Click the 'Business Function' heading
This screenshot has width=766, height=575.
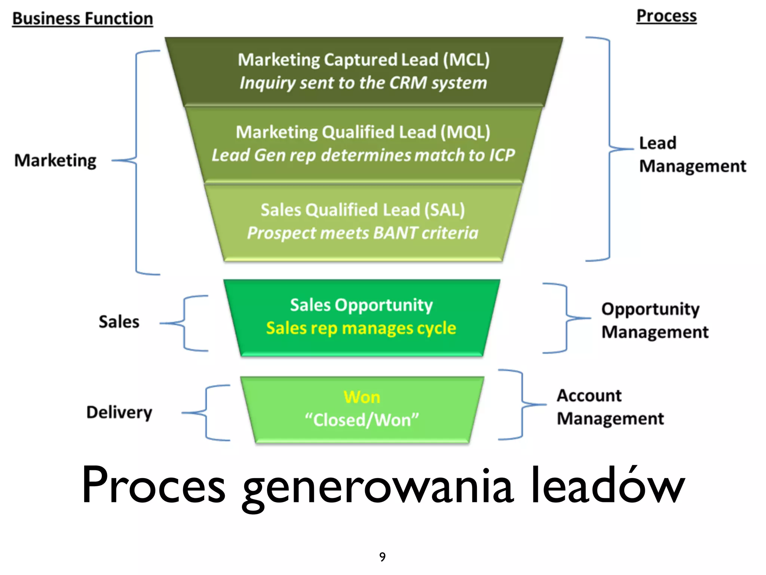coord(83,19)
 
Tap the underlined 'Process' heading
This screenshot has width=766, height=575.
coord(667,16)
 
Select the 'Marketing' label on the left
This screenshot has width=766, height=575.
coord(55,161)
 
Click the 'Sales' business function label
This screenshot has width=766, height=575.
coord(119,322)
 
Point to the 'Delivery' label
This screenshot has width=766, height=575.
coord(119,413)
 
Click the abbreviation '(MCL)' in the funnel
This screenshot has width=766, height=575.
coord(466,60)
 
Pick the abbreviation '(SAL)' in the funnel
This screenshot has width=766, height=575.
coord(445,210)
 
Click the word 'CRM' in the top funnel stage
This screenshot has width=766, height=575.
coord(408,83)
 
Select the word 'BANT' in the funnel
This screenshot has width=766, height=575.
coord(395,233)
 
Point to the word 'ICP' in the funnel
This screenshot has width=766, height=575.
coord(502,155)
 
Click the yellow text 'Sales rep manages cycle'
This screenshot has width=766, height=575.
coord(361,328)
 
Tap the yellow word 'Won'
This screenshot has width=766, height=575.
coord(362,397)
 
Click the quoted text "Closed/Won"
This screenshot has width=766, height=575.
coord(362,420)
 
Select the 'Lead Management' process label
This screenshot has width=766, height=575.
coord(692,154)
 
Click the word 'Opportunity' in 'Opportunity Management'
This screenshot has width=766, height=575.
coord(650,309)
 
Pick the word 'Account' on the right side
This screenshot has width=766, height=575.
coord(589,396)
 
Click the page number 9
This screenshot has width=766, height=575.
coord(382,557)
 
